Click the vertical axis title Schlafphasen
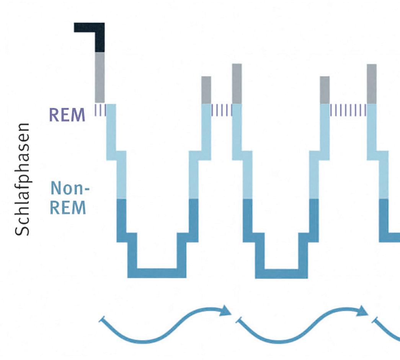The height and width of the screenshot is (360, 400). (x=23, y=180)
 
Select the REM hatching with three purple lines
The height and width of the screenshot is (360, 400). (x=100, y=110)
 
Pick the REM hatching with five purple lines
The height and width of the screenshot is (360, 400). (x=222, y=110)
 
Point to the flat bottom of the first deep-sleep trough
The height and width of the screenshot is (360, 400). (x=157, y=273)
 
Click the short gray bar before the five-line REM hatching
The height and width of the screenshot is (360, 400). (x=206, y=90)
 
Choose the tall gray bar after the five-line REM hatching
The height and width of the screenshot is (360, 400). (x=237, y=83)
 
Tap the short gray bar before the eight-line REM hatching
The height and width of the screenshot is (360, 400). (x=325, y=90)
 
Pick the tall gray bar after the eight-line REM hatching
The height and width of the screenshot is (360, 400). (x=371, y=83)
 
